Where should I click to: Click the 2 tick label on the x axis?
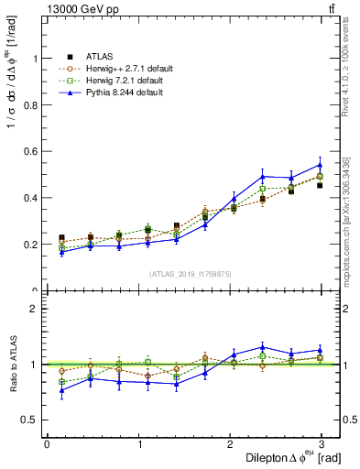pyautogui.click(x=231, y=444)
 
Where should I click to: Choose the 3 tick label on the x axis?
pyautogui.click(x=322, y=444)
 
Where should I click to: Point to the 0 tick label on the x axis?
pyautogui.click(x=47, y=444)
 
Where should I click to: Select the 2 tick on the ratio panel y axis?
pyautogui.click(x=36, y=309)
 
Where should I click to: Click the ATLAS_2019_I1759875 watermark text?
pyautogui.click(x=190, y=273)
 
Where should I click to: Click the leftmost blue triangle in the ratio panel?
pyautogui.click(x=61, y=390)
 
